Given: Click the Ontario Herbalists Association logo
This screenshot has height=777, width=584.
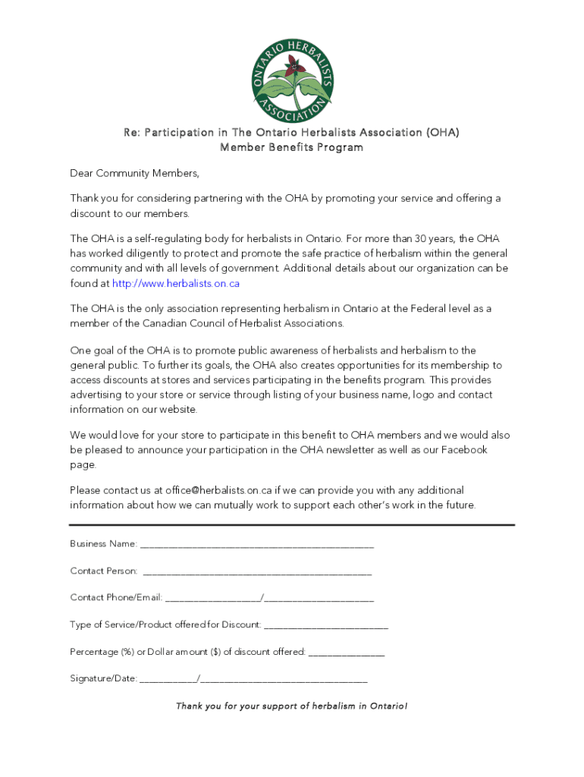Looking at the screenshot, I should [292, 79].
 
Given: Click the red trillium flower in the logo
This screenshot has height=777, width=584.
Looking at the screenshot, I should [292, 74].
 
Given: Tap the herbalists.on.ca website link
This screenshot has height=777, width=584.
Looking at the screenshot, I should [176, 283].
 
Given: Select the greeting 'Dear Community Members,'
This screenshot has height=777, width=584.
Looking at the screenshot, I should [134, 174].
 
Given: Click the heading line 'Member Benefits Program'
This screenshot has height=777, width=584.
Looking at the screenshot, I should [291, 147].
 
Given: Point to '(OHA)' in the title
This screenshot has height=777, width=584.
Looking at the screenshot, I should [443, 133].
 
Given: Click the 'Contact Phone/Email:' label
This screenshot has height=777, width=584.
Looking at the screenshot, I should [116, 597].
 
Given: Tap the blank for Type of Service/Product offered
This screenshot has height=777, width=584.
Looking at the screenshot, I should [326, 624].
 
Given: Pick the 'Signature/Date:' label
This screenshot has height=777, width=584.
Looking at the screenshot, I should [103, 678].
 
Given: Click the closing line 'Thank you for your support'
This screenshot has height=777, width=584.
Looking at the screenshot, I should [291, 706].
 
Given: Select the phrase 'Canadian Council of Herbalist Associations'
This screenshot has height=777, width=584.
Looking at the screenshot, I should [243, 323].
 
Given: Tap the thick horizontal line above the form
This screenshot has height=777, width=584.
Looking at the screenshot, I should [291, 524].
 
